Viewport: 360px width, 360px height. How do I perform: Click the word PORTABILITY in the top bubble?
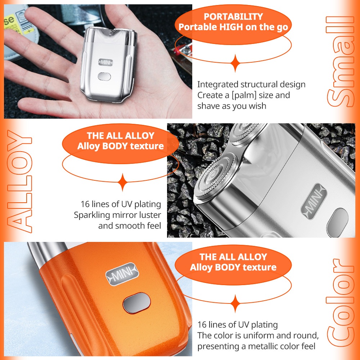[x=233, y=17]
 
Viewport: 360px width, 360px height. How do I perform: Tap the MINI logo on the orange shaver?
[x=122, y=274]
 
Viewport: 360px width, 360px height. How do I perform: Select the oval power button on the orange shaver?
[x=136, y=303]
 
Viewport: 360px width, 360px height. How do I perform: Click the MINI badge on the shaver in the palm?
[x=105, y=62]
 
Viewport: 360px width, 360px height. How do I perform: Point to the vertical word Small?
[x=340, y=62]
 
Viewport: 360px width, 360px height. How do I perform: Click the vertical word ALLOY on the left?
[x=19, y=181]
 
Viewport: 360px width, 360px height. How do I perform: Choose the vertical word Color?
[x=340, y=303]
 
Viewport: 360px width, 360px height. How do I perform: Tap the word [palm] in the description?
[x=244, y=95]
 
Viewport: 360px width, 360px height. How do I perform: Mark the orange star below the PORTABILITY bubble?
[x=235, y=63]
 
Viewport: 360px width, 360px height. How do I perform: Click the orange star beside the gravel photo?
[x=123, y=182]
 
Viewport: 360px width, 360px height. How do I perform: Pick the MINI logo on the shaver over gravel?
[x=313, y=201]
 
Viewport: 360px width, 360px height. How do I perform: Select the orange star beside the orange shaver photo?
[x=235, y=303]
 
